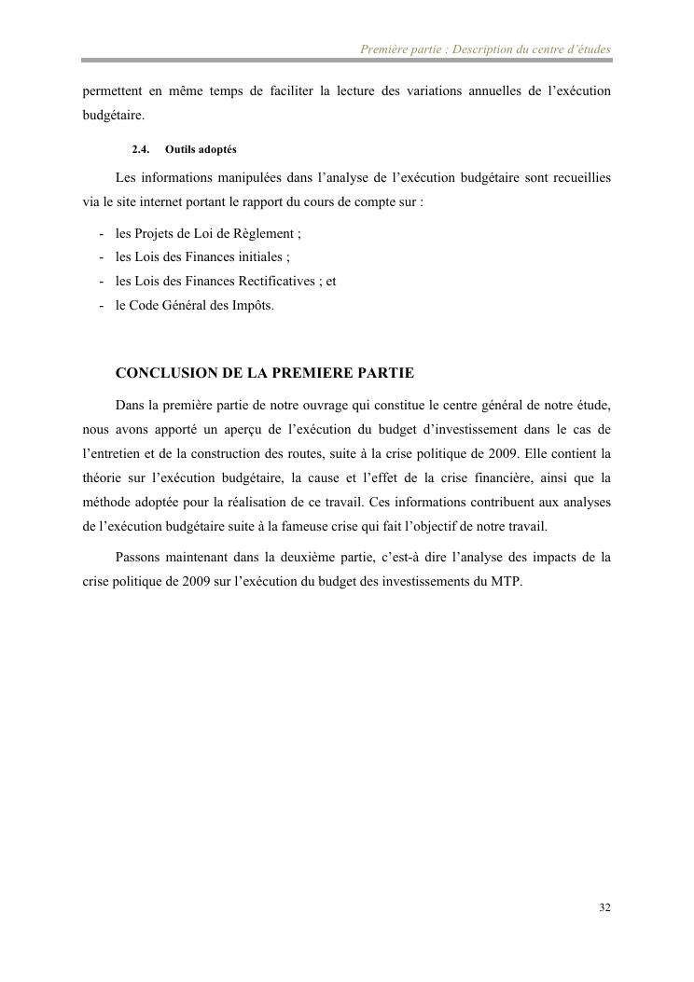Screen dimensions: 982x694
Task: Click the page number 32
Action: point(604,907)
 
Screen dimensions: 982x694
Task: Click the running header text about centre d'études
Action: point(485,48)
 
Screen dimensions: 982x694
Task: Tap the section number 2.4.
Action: point(141,149)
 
